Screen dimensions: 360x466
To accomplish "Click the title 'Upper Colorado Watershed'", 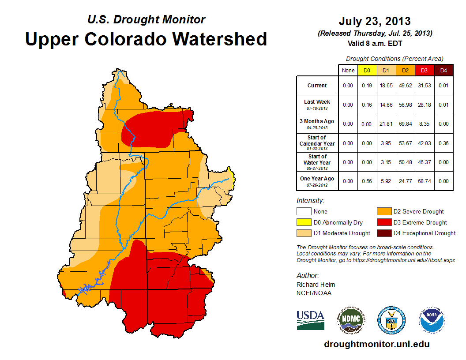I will (146, 39).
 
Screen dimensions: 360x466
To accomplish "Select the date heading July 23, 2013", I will (375, 21).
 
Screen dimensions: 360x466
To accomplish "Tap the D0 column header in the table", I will (367, 70).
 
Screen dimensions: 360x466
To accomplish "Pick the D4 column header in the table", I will (443, 70).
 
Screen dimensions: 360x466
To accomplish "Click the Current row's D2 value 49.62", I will (405, 86).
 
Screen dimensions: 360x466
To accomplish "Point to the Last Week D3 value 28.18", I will (425, 105).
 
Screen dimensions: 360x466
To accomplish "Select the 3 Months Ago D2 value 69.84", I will (405, 124).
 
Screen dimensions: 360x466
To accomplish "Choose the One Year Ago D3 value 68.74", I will (425, 181).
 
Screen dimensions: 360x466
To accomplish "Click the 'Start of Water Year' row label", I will (317, 162).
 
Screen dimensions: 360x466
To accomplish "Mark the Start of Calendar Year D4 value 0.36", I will (443, 143).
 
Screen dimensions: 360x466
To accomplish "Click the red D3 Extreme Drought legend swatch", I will (384, 222).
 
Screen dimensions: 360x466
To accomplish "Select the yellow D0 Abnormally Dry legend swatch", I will (304, 222).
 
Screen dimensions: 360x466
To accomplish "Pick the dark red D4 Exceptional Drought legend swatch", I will (384, 233).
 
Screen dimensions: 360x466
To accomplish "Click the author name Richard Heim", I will (316, 285).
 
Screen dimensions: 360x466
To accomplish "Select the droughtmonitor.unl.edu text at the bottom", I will (376, 344).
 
